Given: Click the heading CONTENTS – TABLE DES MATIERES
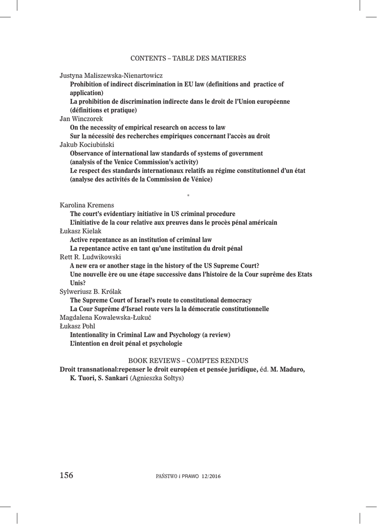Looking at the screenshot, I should pos(188,58).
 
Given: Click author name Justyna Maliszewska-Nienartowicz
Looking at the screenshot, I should pos(111,75).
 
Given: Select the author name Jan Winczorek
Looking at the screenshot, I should pos(81,119).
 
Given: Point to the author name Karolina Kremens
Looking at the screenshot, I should pos(87,205).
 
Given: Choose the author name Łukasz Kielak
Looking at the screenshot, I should pos(81,231).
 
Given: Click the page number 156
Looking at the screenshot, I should pos(66,475).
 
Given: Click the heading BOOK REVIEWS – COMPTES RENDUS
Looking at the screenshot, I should pos(188,360).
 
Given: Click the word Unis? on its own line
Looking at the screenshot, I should pos(78,283).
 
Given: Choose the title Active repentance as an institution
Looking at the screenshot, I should pos(141,239).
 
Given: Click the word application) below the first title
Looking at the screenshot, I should pos(86,93).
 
